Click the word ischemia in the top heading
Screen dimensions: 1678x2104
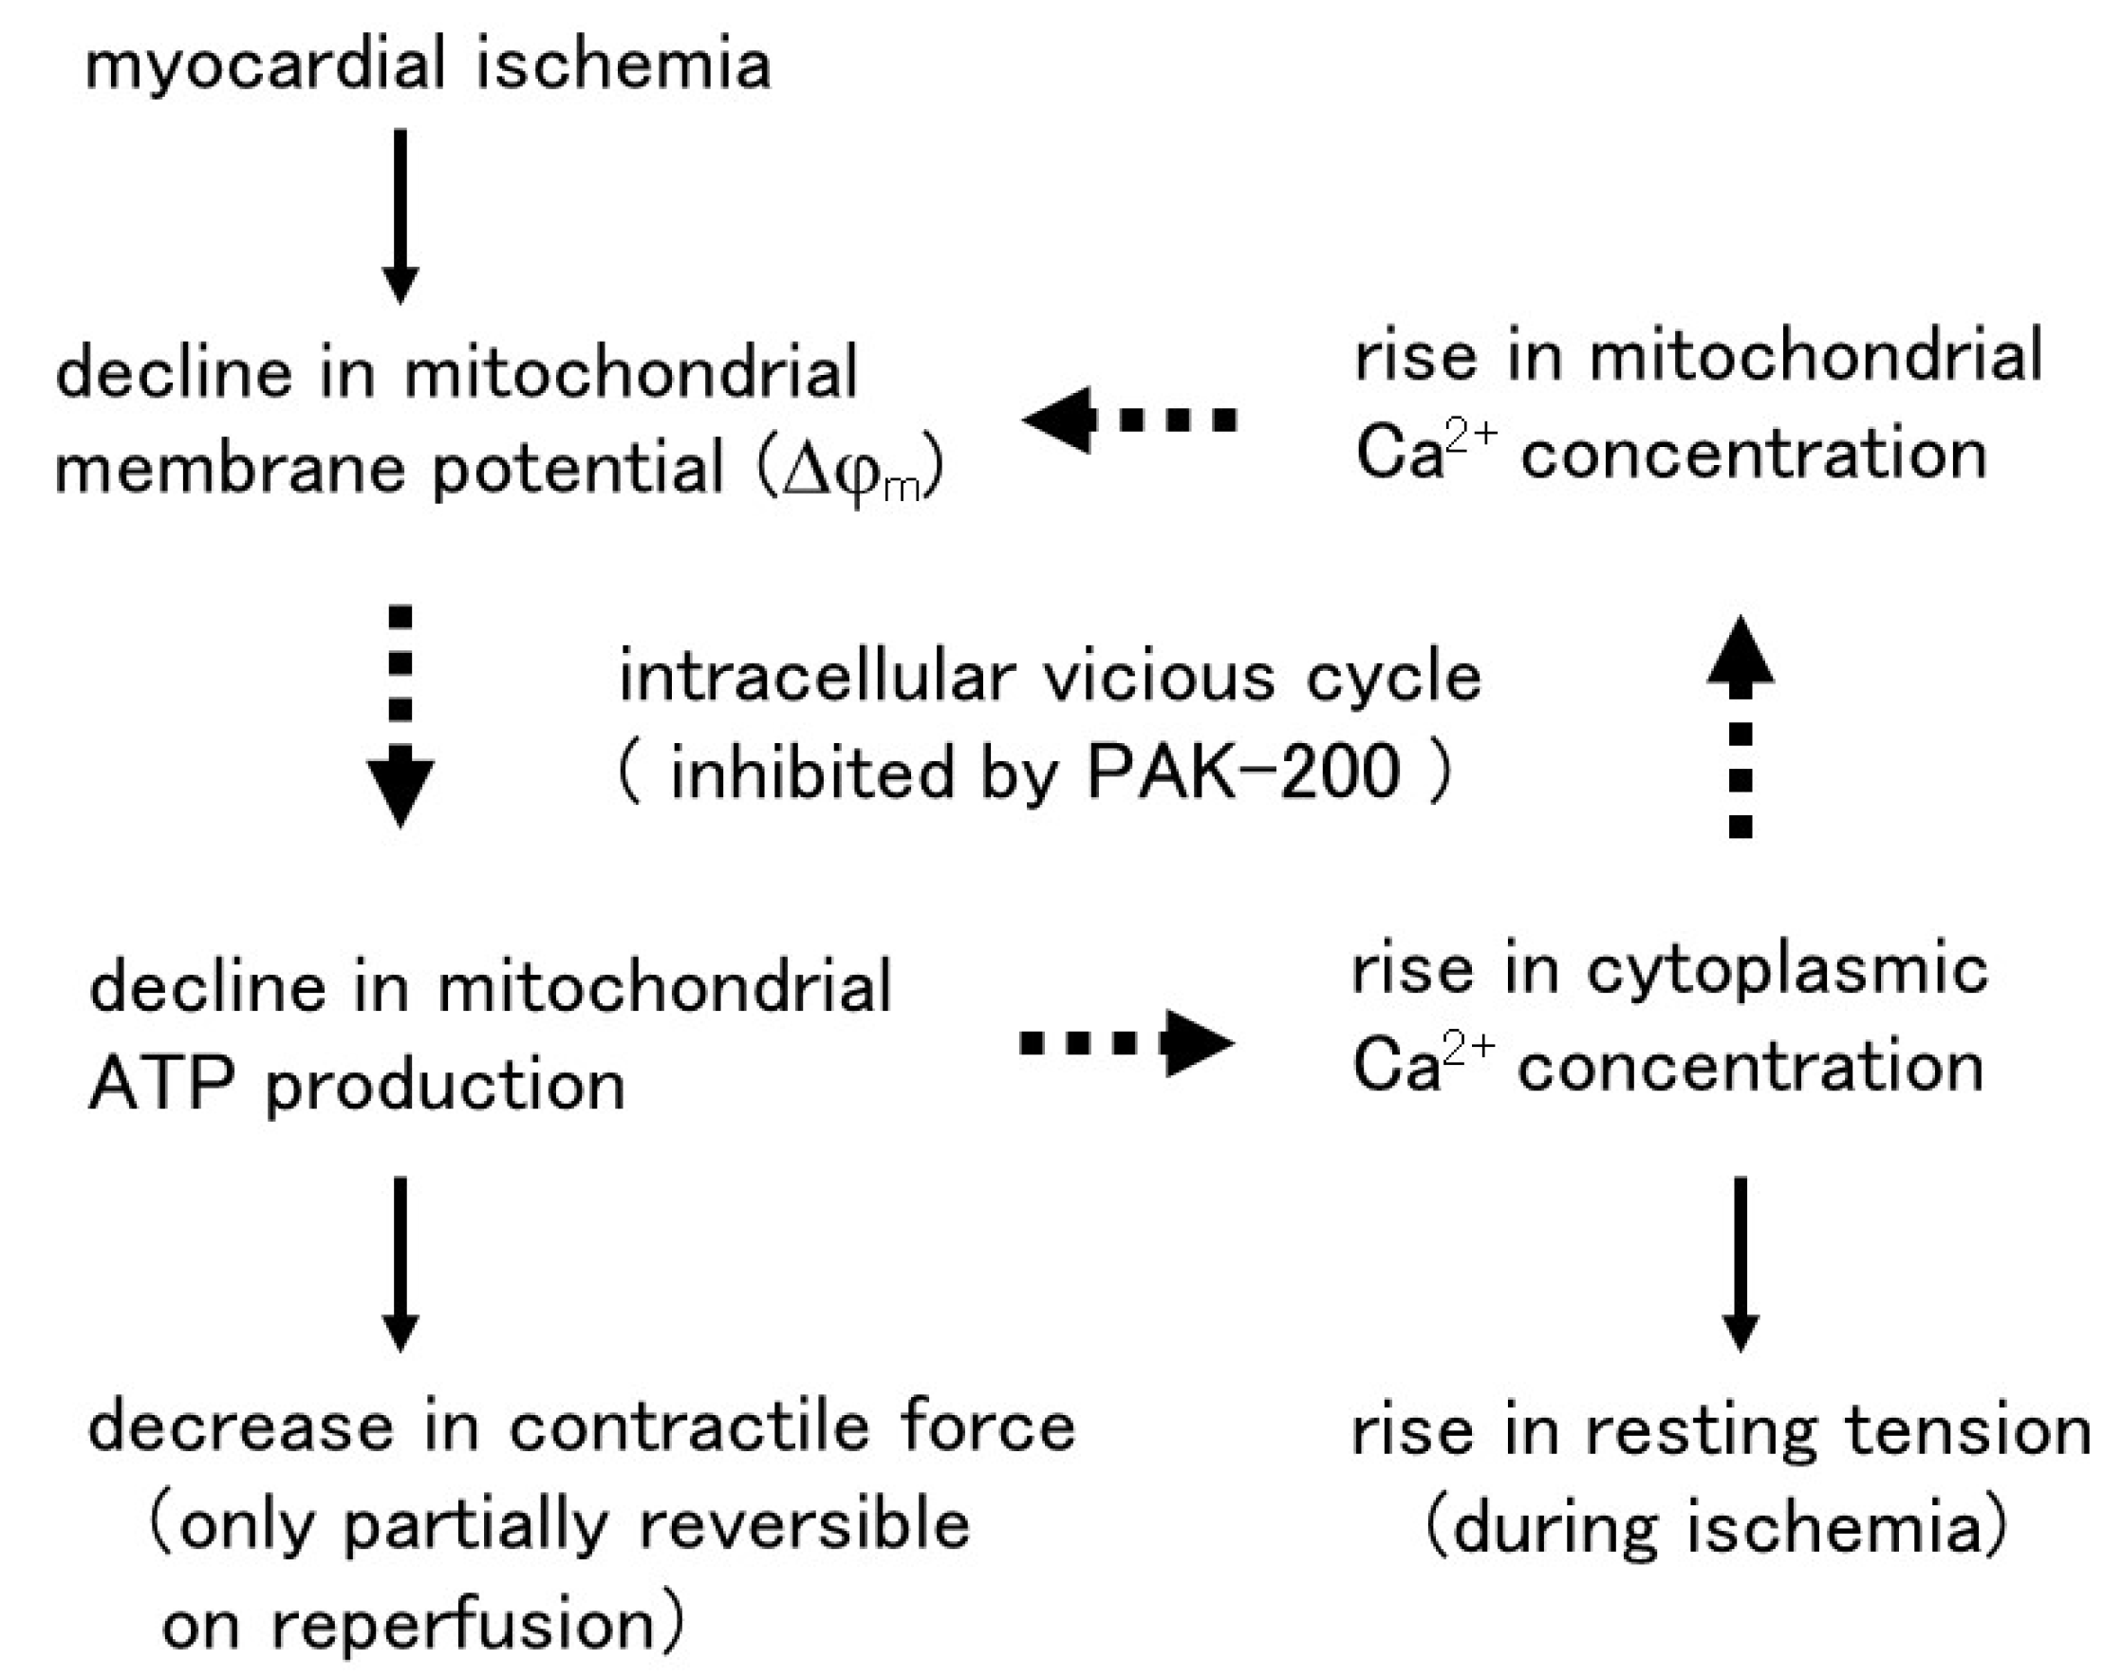(624, 65)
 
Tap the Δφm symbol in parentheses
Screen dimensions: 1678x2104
(851, 471)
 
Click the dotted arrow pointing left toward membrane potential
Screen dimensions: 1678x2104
(1130, 419)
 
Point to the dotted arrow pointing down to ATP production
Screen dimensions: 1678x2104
(400, 718)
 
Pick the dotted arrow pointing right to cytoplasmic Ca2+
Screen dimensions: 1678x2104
(1127, 1042)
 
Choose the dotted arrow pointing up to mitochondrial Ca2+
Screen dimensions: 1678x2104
(1740, 727)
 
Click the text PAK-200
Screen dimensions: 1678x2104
(1242, 773)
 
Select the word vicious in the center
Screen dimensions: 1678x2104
(1160, 677)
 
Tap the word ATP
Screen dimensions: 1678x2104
(162, 1084)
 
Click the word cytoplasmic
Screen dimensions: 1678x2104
(1787, 972)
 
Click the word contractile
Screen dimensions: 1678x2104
(690, 1427)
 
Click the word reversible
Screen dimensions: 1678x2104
(804, 1525)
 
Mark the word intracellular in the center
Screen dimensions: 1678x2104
(818, 677)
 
